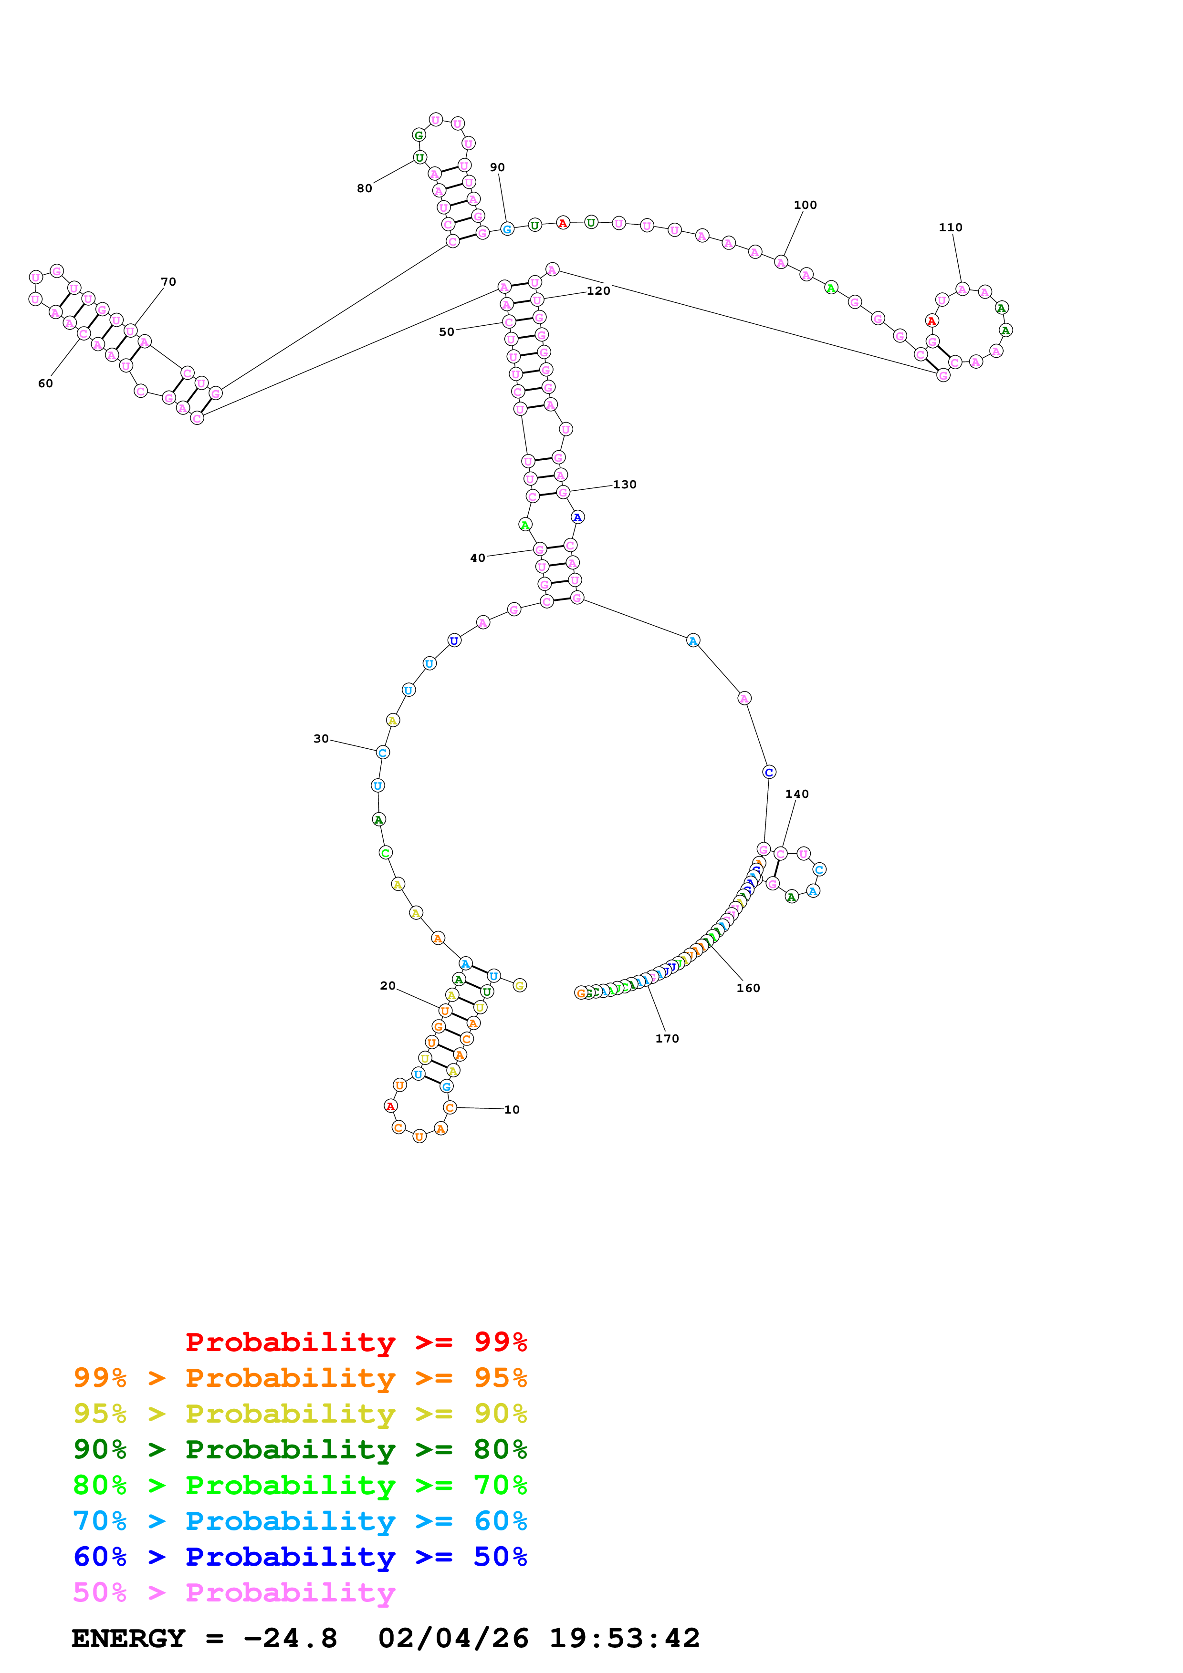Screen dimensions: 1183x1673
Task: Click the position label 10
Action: (x=512, y=1110)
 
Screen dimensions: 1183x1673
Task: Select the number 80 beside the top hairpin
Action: (x=365, y=189)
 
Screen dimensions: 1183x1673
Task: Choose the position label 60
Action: (x=45, y=384)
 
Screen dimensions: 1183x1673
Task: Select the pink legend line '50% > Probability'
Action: (x=234, y=1593)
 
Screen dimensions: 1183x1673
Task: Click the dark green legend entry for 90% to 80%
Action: (x=300, y=1449)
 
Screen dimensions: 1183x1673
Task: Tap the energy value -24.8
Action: (x=290, y=1639)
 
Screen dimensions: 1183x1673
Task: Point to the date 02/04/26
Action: (x=453, y=1639)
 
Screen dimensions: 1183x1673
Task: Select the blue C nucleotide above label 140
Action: (x=769, y=773)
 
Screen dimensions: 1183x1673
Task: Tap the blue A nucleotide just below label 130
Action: (x=577, y=517)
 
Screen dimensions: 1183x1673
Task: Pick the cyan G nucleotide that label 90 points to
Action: (x=507, y=229)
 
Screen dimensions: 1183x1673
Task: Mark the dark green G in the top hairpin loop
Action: (x=419, y=135)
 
